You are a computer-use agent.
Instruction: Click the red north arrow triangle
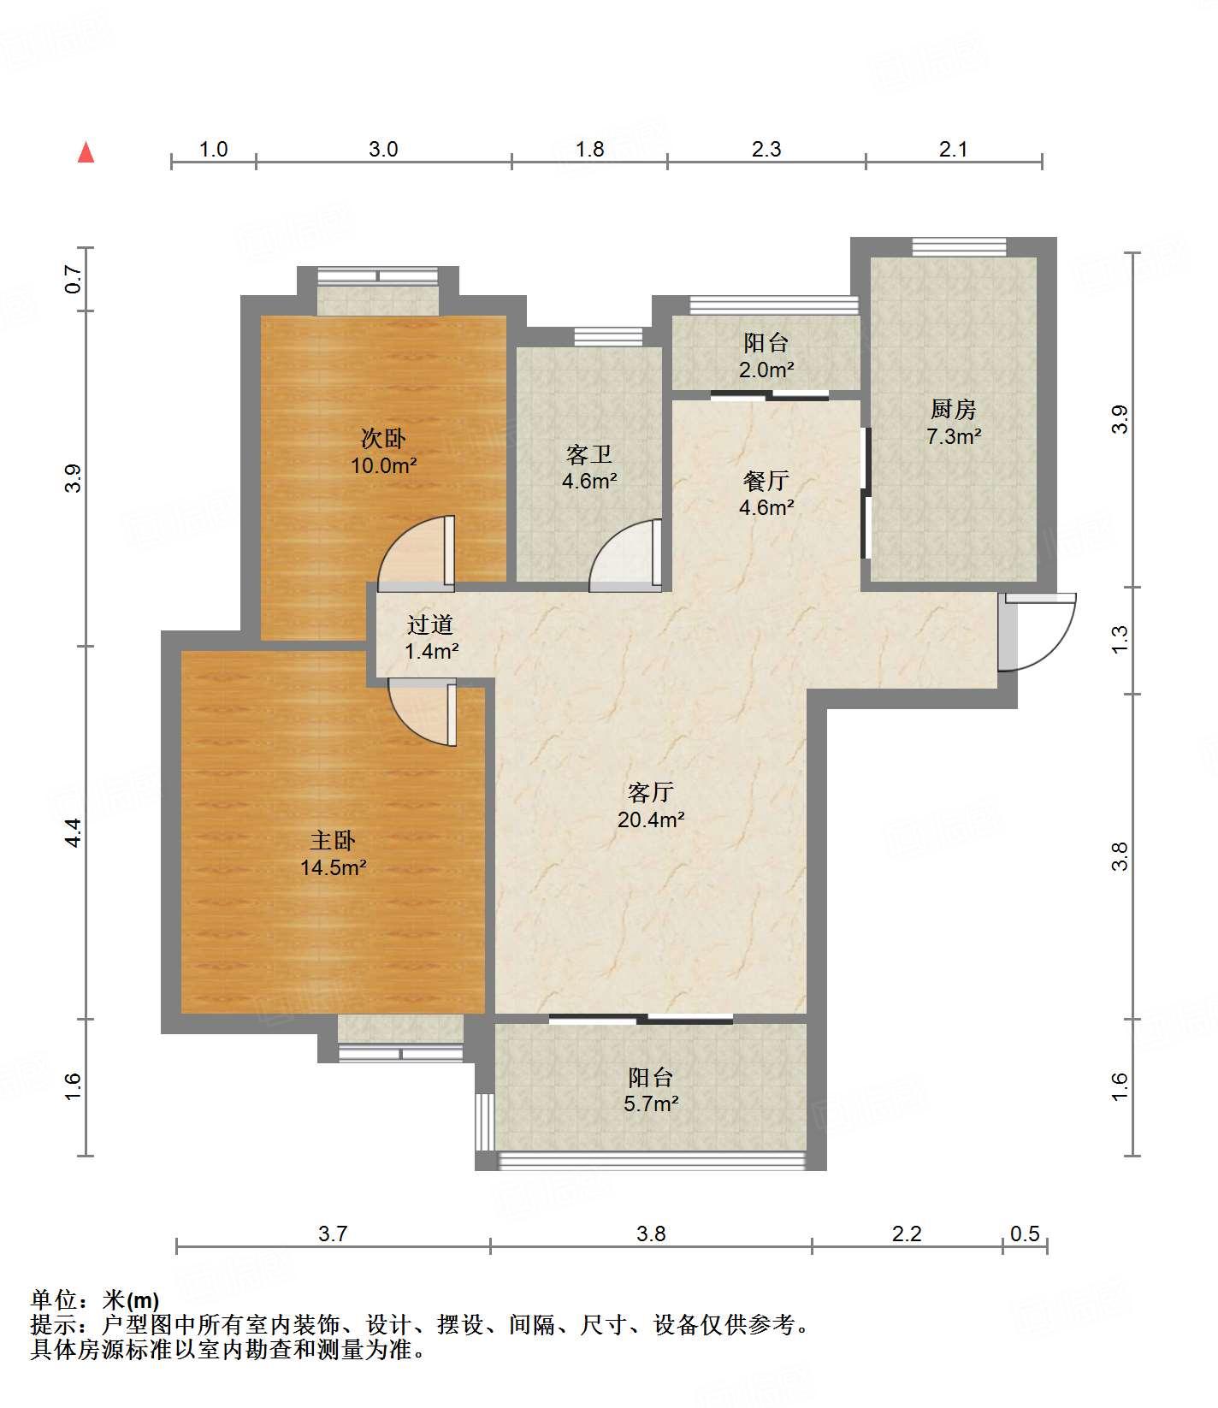click(x=86, y=152)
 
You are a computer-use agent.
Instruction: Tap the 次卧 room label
click(x=383, y=439)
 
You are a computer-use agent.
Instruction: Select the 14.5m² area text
click(x=334, y=868)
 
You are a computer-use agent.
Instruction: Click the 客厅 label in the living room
click(x=651, y=792)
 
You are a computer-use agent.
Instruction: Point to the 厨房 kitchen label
click(x=954, y=410)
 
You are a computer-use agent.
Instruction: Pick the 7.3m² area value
click(x=954, y=436)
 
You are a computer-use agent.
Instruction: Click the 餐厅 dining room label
click(x=766, y=481)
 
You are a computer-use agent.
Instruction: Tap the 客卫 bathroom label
click(x=589, y=454)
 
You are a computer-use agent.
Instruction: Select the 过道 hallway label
click(x=430, y=624)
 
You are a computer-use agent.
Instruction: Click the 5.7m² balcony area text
click(x=651, y=1104)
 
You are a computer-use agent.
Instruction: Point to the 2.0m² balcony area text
click(x=766, y=370)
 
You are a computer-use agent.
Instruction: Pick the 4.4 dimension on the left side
click(x=74, y=832)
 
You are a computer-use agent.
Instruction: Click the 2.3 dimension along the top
click(x=766, y=150)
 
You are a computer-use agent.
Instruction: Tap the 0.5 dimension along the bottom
click(x=1025, y=1233)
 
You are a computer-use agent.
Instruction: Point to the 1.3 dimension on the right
click(x=1120, y=640)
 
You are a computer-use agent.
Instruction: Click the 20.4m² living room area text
click(x=651, y=819)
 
